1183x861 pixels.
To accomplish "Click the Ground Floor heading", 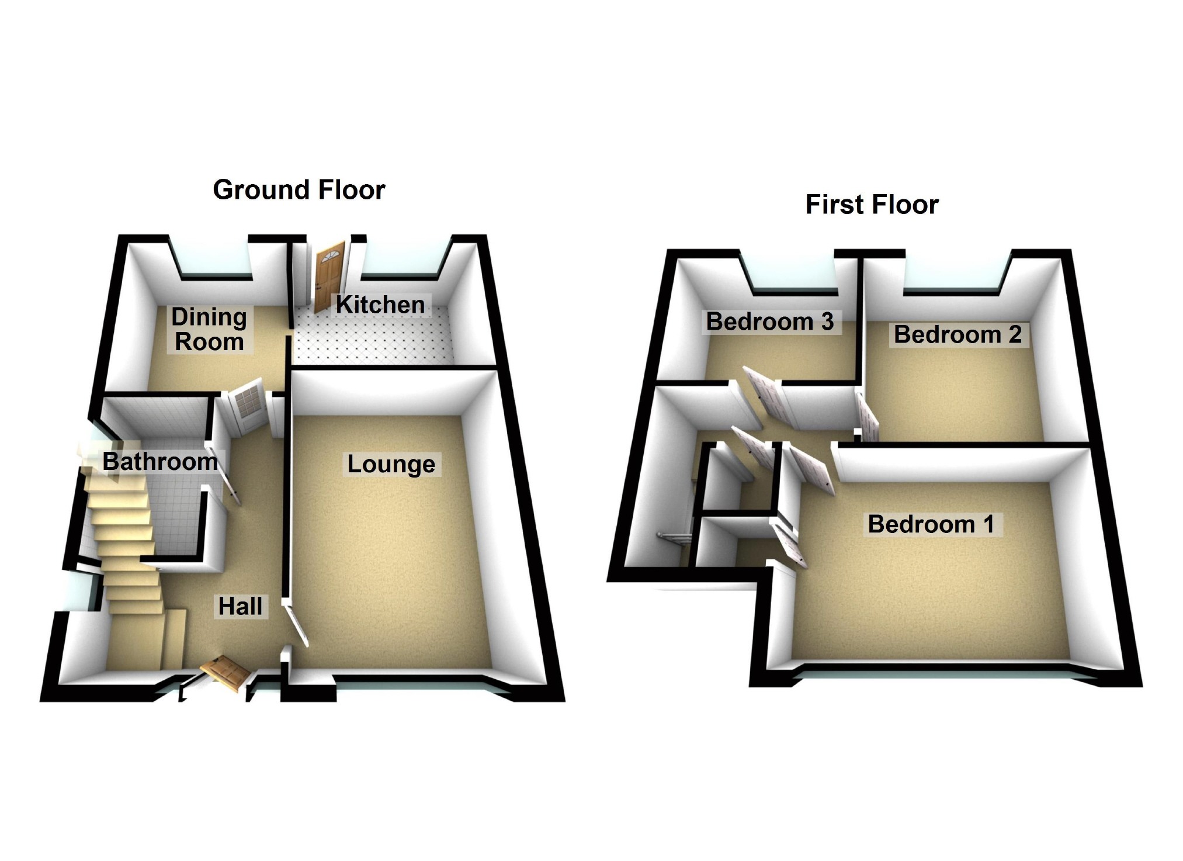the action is (299, 190).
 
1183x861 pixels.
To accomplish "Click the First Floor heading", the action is (872, 205).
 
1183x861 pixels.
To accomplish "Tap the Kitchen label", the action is (380, 305).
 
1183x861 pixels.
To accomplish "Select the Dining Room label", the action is (209, 329).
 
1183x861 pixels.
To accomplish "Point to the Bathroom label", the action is (160, 461).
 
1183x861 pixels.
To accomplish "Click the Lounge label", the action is (391, 464).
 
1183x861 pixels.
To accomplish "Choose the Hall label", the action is (240, 606).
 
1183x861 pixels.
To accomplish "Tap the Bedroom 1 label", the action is (931, 524).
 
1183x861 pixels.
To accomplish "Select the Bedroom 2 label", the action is (957, 334).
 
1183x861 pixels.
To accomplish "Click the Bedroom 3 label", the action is (769, 321).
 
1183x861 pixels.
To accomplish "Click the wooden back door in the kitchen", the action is (328, 276).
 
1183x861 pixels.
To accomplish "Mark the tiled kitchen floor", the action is (374, 339).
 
